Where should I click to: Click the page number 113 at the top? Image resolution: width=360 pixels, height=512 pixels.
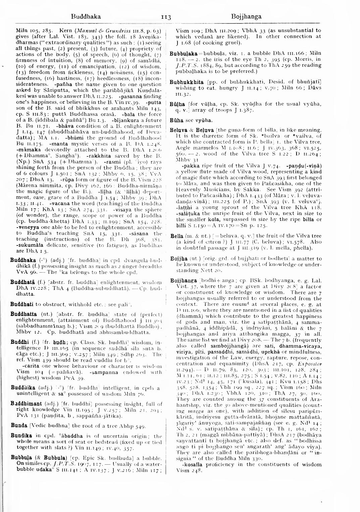click(166, 17)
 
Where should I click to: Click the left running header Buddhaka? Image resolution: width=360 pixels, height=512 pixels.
click(86, 16)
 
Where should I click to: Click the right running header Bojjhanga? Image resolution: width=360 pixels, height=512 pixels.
click(246, 16)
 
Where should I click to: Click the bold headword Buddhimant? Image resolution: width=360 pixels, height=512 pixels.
click(25, 404)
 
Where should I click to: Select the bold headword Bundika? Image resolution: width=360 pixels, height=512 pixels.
click(21, 436)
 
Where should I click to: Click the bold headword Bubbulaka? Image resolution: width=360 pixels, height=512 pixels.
click(183, 53)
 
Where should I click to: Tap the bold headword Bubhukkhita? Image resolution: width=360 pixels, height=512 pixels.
click(187, 82)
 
